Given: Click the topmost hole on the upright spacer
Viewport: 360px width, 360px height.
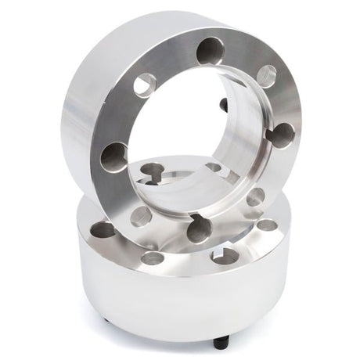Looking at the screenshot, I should click(210, 52).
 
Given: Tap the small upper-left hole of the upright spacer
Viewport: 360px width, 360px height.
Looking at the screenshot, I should click(144, 85).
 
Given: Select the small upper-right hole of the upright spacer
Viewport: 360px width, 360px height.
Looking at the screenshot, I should click(266, 76).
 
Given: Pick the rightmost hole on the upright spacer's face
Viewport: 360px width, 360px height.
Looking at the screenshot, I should click(280, 135).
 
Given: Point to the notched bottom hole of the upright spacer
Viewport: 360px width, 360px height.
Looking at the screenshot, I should click(200, 228).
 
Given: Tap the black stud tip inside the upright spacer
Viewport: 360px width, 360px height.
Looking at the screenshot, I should click(224, 104).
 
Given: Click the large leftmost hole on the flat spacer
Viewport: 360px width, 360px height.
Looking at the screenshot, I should click(103, 229).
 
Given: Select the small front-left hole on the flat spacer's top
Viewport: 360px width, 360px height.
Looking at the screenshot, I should click(153, 257).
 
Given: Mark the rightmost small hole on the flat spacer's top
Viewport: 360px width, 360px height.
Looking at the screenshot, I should click(267, 225).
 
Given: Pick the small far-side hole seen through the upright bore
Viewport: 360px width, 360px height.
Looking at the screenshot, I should click(213, 167).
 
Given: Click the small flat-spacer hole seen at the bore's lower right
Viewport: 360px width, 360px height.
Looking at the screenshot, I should click(254, 197).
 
